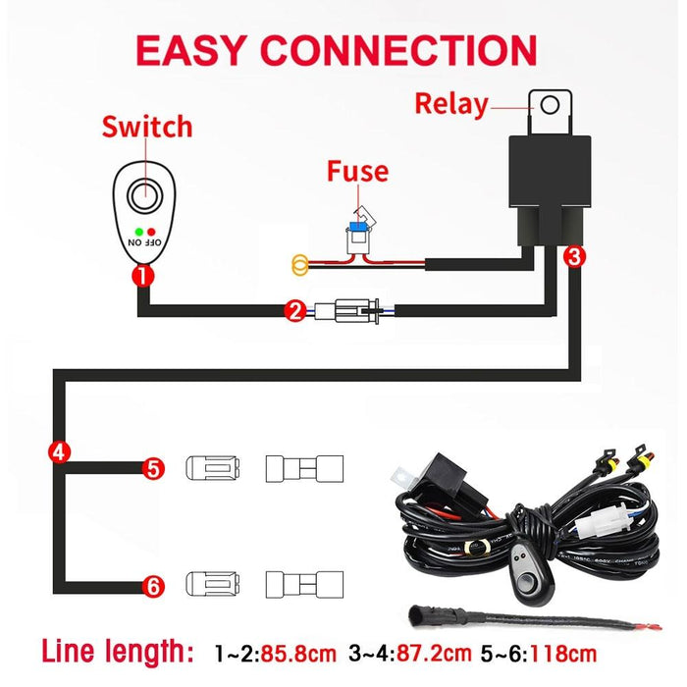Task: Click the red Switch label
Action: point(147,128)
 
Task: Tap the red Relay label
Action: point(450,103)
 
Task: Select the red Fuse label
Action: point(357,172)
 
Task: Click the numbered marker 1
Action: point(143,276)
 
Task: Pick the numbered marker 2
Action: point(294,312)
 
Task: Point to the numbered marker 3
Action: point(575,257)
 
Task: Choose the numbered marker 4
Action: point(59,452)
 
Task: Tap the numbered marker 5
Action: point(152,468)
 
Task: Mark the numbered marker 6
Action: point(152,586)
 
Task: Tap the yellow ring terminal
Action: point(299,263)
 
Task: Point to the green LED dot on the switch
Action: point(142,230)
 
